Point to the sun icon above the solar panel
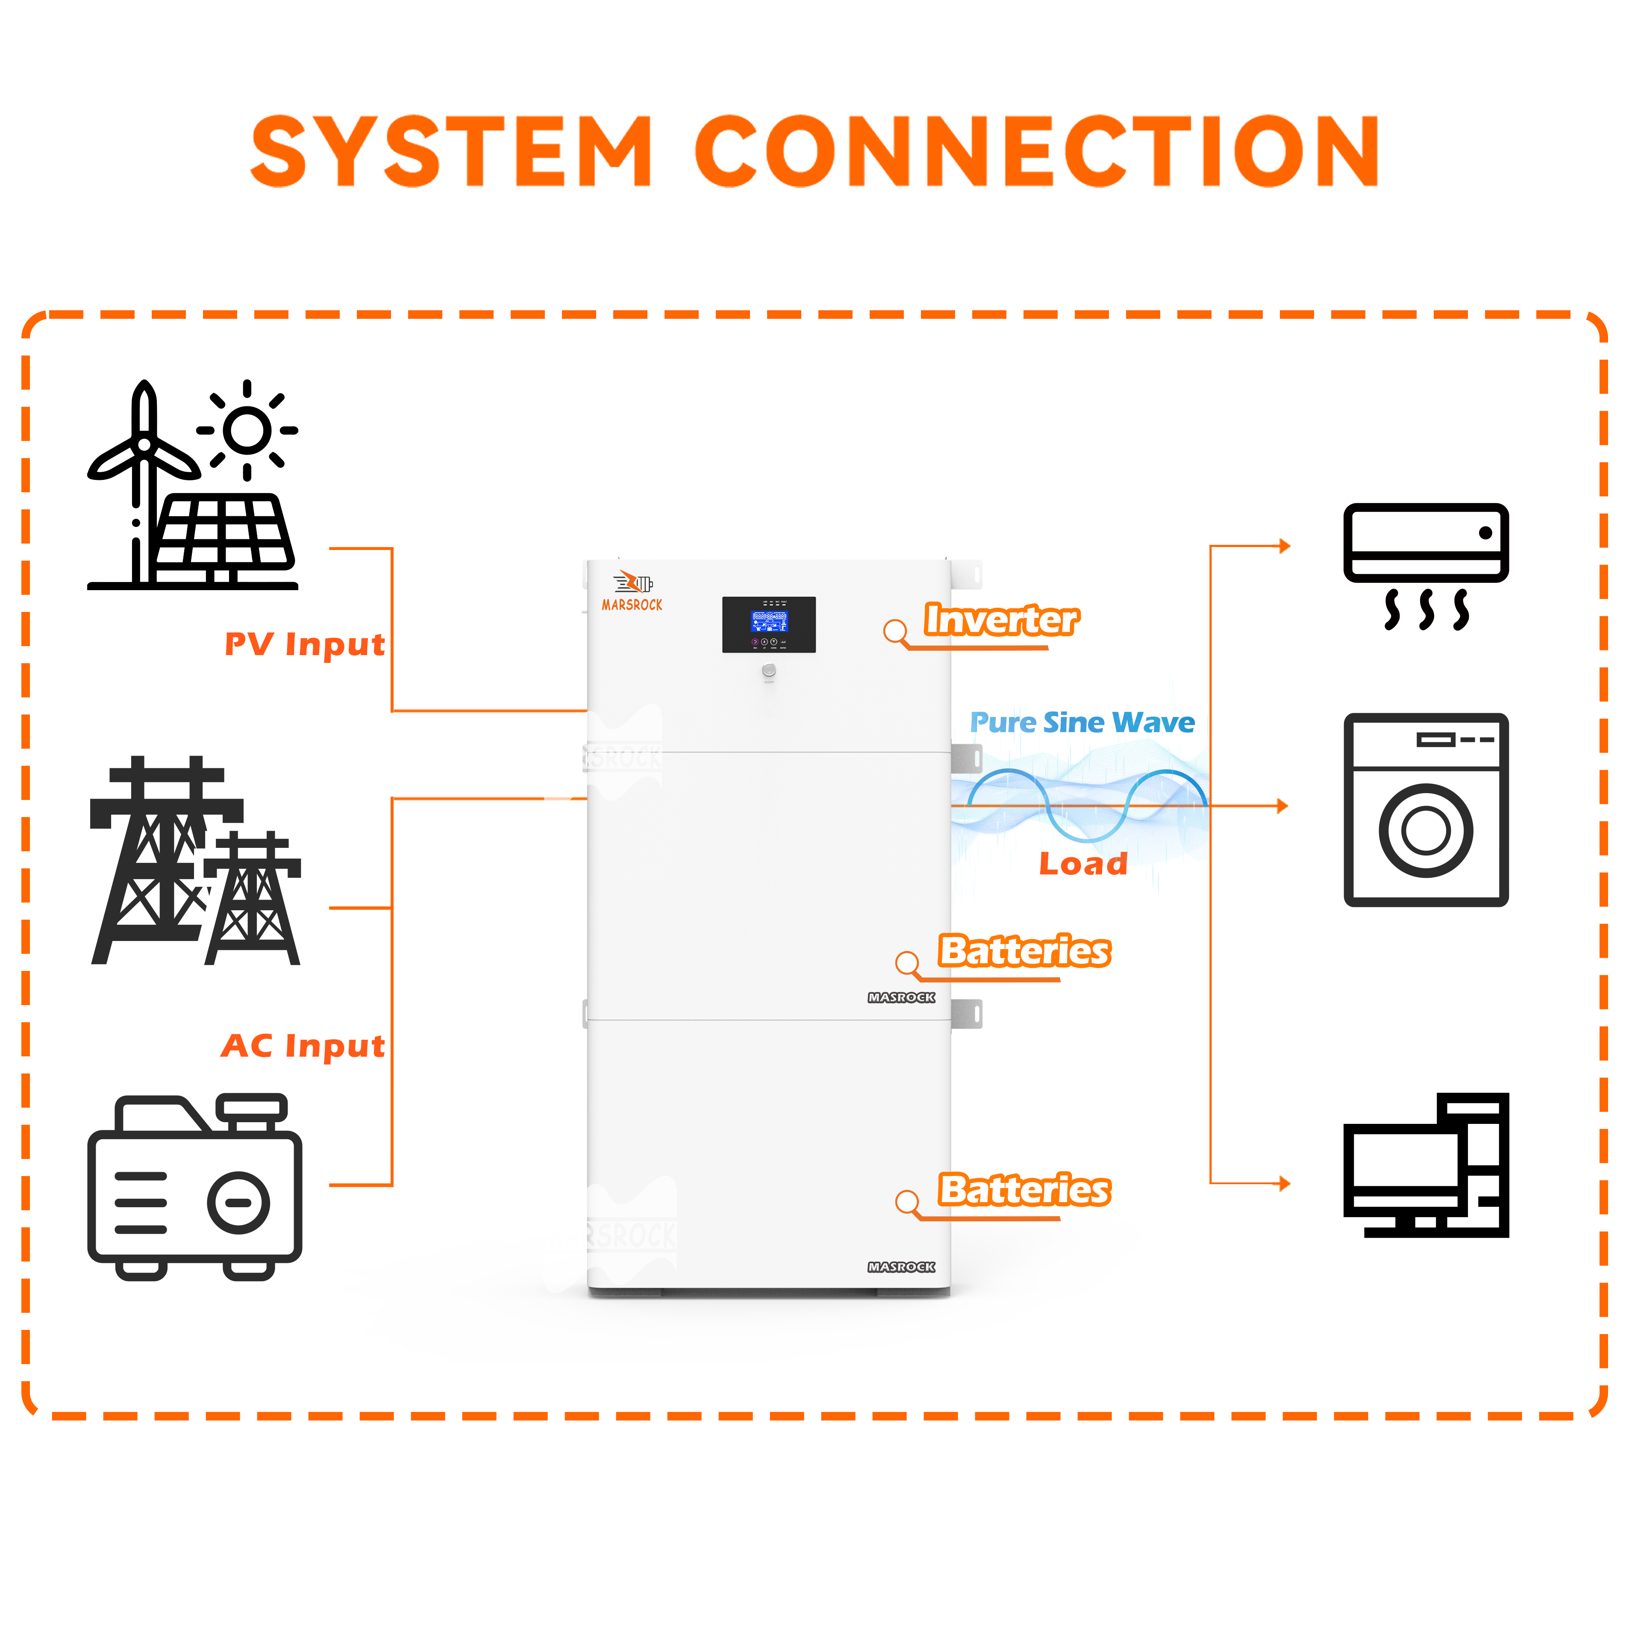[247, 430]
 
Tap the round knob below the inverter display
[769, 671]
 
